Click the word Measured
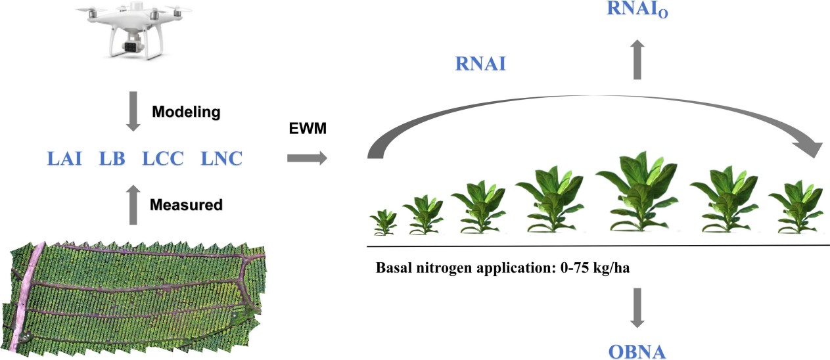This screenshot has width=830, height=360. click(186, 204)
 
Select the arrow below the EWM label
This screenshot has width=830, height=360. click(306, 158)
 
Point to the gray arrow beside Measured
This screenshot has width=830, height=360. click(133, 204)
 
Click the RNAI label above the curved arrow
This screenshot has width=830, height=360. click(481, 65)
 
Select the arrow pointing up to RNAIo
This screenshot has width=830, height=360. click(637, 59)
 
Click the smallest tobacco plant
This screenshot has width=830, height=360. click(382, 223)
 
